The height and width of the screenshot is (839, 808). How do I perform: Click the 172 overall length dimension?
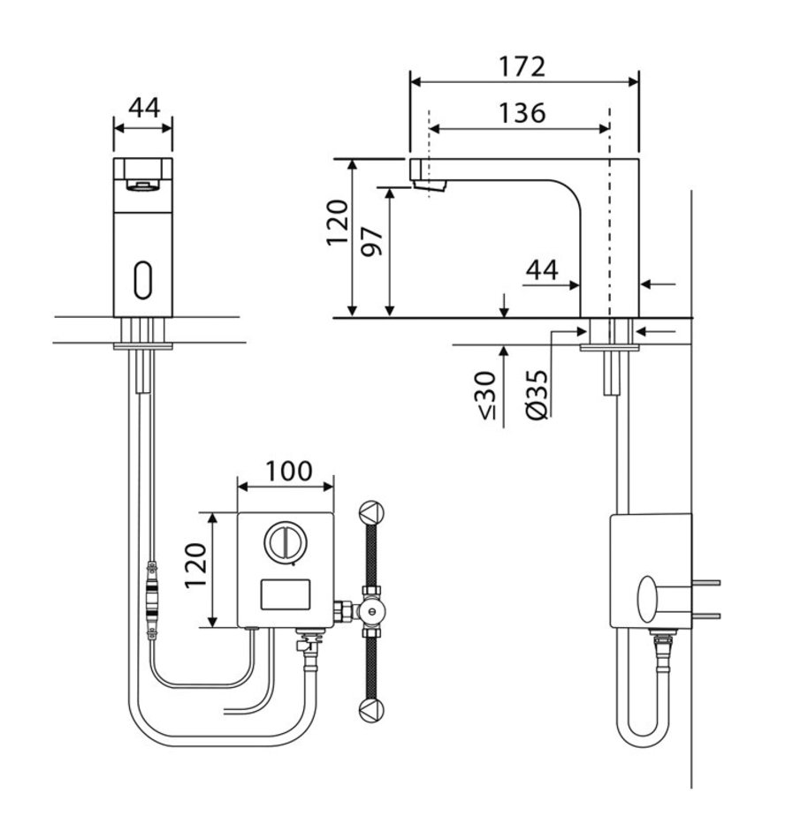523,66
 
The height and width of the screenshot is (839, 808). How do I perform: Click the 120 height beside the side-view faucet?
338,223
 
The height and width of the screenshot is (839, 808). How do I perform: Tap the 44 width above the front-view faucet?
143,108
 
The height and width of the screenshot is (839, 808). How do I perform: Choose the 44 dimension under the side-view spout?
542,270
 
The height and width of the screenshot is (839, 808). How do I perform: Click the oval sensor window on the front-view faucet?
143,279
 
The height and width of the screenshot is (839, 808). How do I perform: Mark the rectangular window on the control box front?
286,594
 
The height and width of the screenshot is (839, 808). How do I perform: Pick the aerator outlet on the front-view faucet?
142,185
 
